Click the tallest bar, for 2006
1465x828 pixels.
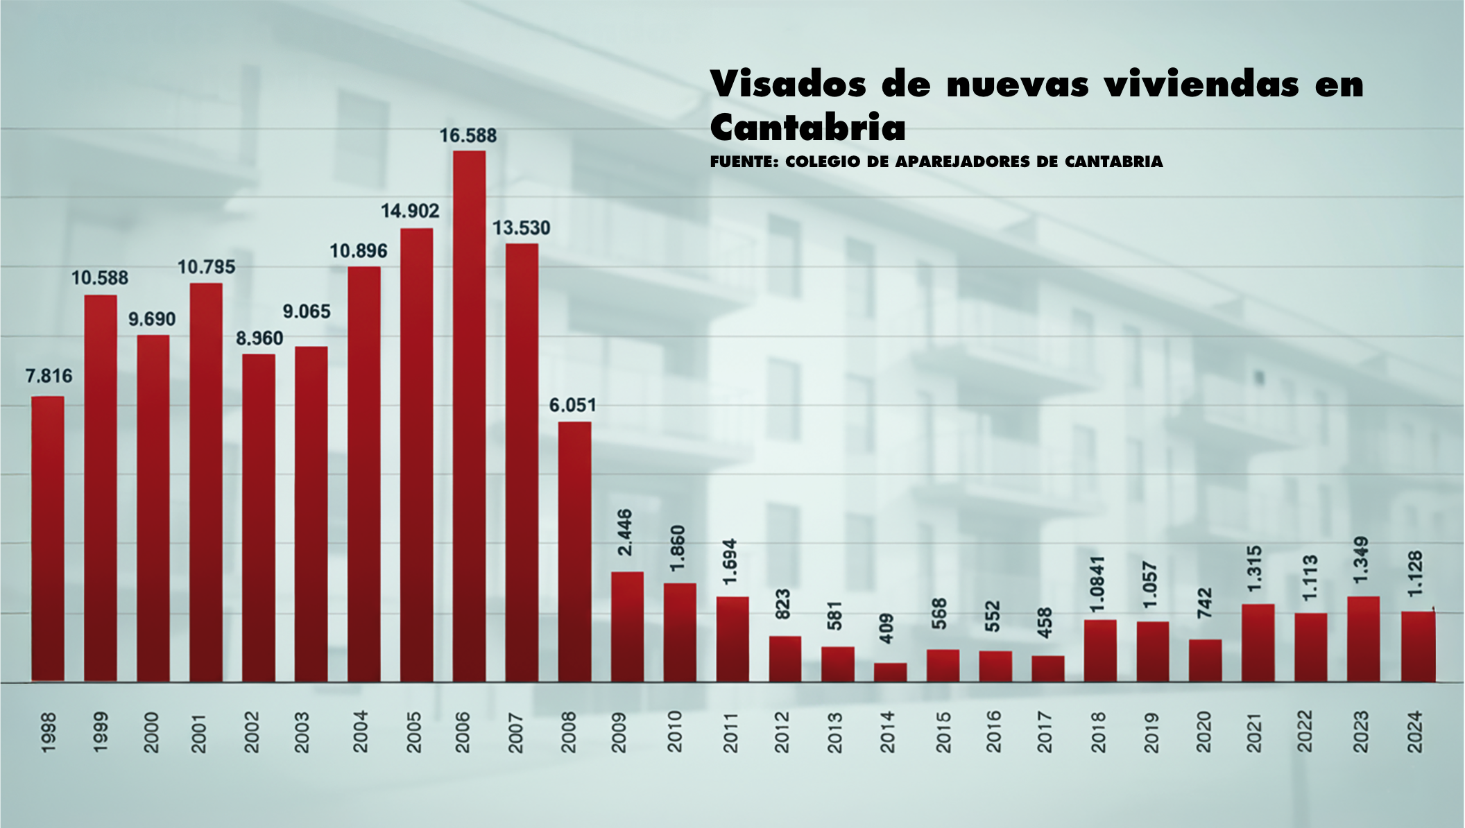coord(469,416)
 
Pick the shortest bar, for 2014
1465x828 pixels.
coord(890,673)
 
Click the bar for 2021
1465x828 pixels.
coord(1258,643)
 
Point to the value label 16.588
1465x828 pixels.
coord(468,136)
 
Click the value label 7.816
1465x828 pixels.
coord(49,377)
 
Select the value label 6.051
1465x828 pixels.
coord(573,406)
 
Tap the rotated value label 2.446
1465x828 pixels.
coord(625,532)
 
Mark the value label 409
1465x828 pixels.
coord(886,628)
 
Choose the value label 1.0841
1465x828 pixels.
coord(1097,584)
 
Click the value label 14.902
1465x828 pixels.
coord(410,211)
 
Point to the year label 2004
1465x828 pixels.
coord(361,732)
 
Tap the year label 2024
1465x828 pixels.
coord(1414,732)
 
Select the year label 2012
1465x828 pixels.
coord(782,732)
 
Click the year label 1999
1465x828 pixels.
coord(100,732)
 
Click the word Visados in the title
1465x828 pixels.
coord(788,85)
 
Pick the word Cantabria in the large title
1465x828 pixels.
coord(808,128)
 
